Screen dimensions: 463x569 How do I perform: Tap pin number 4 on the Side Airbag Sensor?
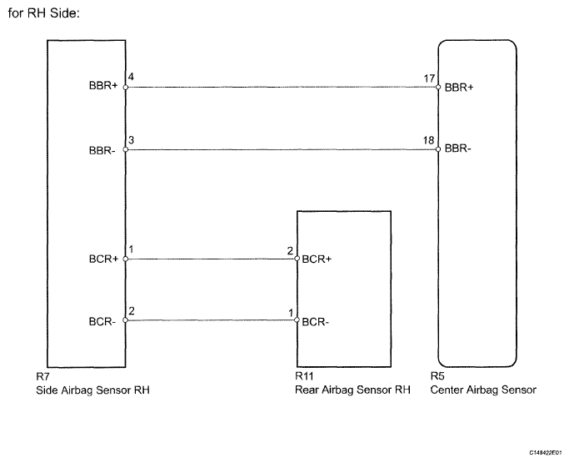(x=131, y=77)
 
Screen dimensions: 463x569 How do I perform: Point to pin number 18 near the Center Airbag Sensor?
(x=429, y=141)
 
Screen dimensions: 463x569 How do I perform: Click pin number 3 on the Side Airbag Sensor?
(x=131, y=141)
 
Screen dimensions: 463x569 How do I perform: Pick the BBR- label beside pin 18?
(x=458, y=150)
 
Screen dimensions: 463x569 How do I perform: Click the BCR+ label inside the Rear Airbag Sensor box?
(x=317, y=259)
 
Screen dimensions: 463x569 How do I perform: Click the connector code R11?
(x=305, y=377)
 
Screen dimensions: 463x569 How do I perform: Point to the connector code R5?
(x=437, y=377)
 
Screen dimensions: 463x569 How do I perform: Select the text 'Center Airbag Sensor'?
(x=483, y=390)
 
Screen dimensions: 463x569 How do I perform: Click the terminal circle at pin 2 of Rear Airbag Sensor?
(x=297, y=259)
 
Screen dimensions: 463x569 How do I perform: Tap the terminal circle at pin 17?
(x=438, y=86)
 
